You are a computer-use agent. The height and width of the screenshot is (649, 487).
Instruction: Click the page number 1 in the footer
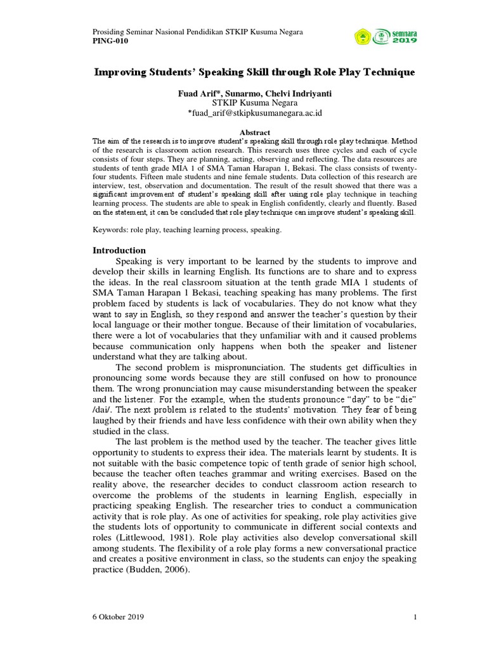[x=414, y=617]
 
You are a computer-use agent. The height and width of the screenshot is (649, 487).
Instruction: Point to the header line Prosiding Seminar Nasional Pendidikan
[x=188, y=32]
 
